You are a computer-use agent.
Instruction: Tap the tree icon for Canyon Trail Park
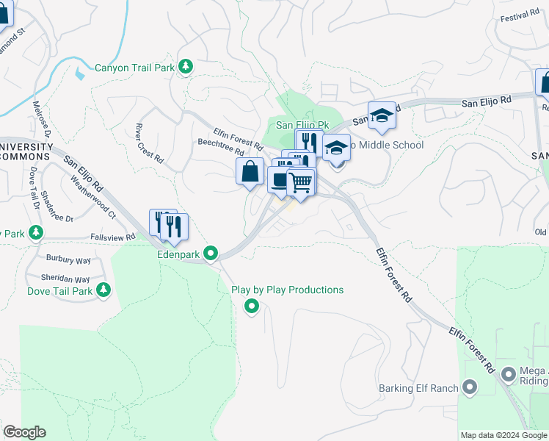[x=186, y=67]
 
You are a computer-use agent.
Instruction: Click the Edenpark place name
[x=178, y=254]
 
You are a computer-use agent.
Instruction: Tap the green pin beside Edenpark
[x=211, y=254]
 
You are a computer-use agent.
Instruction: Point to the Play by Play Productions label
[x=288, y=290]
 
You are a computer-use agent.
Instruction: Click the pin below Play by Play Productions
[x=252, y=306]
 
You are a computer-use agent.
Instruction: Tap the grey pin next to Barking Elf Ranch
[x=470, y=387]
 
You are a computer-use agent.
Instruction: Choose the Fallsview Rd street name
[x=112, y=237]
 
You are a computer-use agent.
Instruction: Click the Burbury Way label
[x=68, y=259]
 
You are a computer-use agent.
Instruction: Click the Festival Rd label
[x=519, y=18]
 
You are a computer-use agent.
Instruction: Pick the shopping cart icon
[x=300, y=182]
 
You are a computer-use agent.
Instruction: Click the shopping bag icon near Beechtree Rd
[x=250, y=171]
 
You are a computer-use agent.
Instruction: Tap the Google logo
[x=24, y=432]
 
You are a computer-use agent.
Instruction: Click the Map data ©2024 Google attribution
[x=503, y=435]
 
